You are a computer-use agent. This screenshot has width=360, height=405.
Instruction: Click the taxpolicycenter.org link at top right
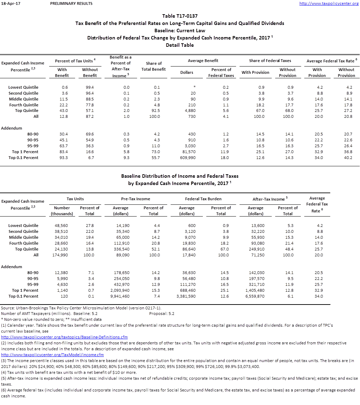point(328,3)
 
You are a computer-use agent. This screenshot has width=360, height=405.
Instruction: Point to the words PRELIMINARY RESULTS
point(71,3)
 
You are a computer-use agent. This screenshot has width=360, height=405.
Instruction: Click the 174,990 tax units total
point(62,255)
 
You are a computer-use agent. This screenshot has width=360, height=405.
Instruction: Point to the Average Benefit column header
point(203,61)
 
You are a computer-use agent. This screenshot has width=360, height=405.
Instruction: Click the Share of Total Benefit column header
point(154,66)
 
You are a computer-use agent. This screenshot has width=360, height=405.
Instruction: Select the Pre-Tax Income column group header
point(136,199)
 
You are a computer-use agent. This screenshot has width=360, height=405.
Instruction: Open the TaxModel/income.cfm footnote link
point(52,355)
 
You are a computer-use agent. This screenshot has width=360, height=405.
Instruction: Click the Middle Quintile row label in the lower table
point(24,237)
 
